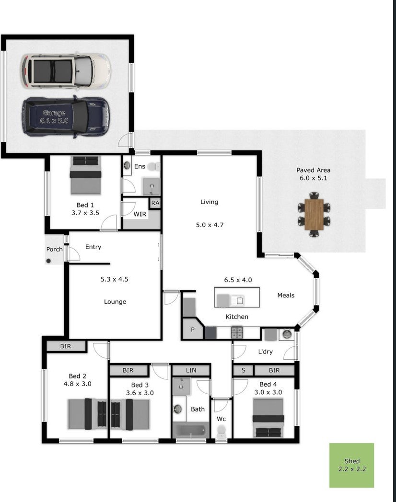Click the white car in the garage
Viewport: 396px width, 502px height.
click(66, 70)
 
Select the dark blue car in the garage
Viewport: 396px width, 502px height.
click(66, 117)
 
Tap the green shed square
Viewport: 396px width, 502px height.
click(351, 465)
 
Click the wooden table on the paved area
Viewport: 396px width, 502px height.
click(314, 215)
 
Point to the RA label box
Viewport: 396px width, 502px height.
click(155, 203)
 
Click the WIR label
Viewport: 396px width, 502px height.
click(140, 214)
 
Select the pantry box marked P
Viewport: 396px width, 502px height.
click(193, 329)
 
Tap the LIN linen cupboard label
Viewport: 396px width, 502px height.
click(191, 370)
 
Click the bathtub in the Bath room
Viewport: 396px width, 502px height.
click(191, 430)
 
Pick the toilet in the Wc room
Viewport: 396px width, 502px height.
click(221, 432)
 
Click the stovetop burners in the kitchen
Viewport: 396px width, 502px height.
click(237, 332)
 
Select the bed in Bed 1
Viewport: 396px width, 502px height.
click(85, 175)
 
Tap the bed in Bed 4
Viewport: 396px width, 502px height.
click(268, 418)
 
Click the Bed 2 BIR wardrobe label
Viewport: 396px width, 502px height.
click(66, 346)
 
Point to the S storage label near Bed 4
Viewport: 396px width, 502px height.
click(244, 370)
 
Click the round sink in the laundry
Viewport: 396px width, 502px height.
click(287, 334)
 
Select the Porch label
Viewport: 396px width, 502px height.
click(55, 249)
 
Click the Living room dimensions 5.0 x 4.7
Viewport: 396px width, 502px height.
click(210, 225)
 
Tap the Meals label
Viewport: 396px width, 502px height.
click(286, 295)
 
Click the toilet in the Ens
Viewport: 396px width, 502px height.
click(154, 167)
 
